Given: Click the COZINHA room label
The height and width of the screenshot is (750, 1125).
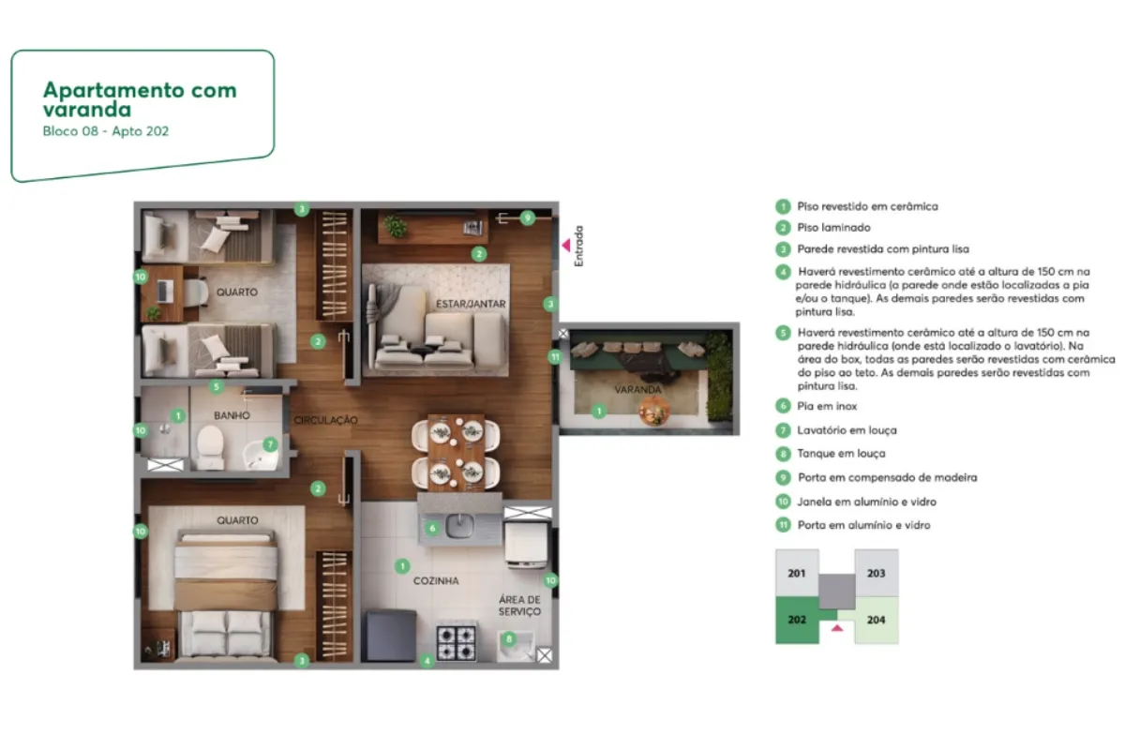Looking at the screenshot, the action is [x=436, y=580].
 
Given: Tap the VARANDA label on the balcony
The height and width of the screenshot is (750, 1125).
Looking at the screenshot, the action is [x=637, y=389].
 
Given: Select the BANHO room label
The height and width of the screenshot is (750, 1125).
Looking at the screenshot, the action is [x=232, y=415].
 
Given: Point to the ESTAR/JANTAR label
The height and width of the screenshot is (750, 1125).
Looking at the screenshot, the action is [x=471, y=304].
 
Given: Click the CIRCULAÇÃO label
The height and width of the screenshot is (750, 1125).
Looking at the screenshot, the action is [x=325, y=420].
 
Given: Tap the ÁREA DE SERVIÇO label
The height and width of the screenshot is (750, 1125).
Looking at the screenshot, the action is [x=519, y=606].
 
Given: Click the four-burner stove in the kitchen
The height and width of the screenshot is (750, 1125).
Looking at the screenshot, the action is [x=456, y=642].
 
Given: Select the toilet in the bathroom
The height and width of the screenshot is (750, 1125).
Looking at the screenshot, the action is [x=210, y=447].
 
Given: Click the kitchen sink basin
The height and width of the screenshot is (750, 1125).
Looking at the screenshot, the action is [x=459, y=526].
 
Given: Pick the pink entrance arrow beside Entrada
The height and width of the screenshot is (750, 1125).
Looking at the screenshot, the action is [x=566, y=245].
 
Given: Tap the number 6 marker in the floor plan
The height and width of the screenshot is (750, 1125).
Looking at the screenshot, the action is [x=432, y=528].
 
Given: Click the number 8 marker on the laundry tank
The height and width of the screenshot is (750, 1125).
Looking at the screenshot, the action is [x=509, y=639].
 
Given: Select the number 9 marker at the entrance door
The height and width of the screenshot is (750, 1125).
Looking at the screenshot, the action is [x=527, y=218].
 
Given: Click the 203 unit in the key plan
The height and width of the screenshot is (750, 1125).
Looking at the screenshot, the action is [x=877, y=573].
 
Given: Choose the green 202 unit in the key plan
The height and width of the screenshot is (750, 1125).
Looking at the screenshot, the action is [x=797, y=620].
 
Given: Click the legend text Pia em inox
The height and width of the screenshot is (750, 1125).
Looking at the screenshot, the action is [x=827, y=406].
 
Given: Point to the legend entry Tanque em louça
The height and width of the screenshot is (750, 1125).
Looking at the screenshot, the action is [x=841, y=453].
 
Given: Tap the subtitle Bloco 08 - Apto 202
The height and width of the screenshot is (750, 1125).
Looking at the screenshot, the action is [x=105, y=131].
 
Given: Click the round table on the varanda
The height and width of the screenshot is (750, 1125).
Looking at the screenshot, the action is [x=654, y=411].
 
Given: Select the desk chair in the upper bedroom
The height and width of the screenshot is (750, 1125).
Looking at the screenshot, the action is [x=196, y=292].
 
